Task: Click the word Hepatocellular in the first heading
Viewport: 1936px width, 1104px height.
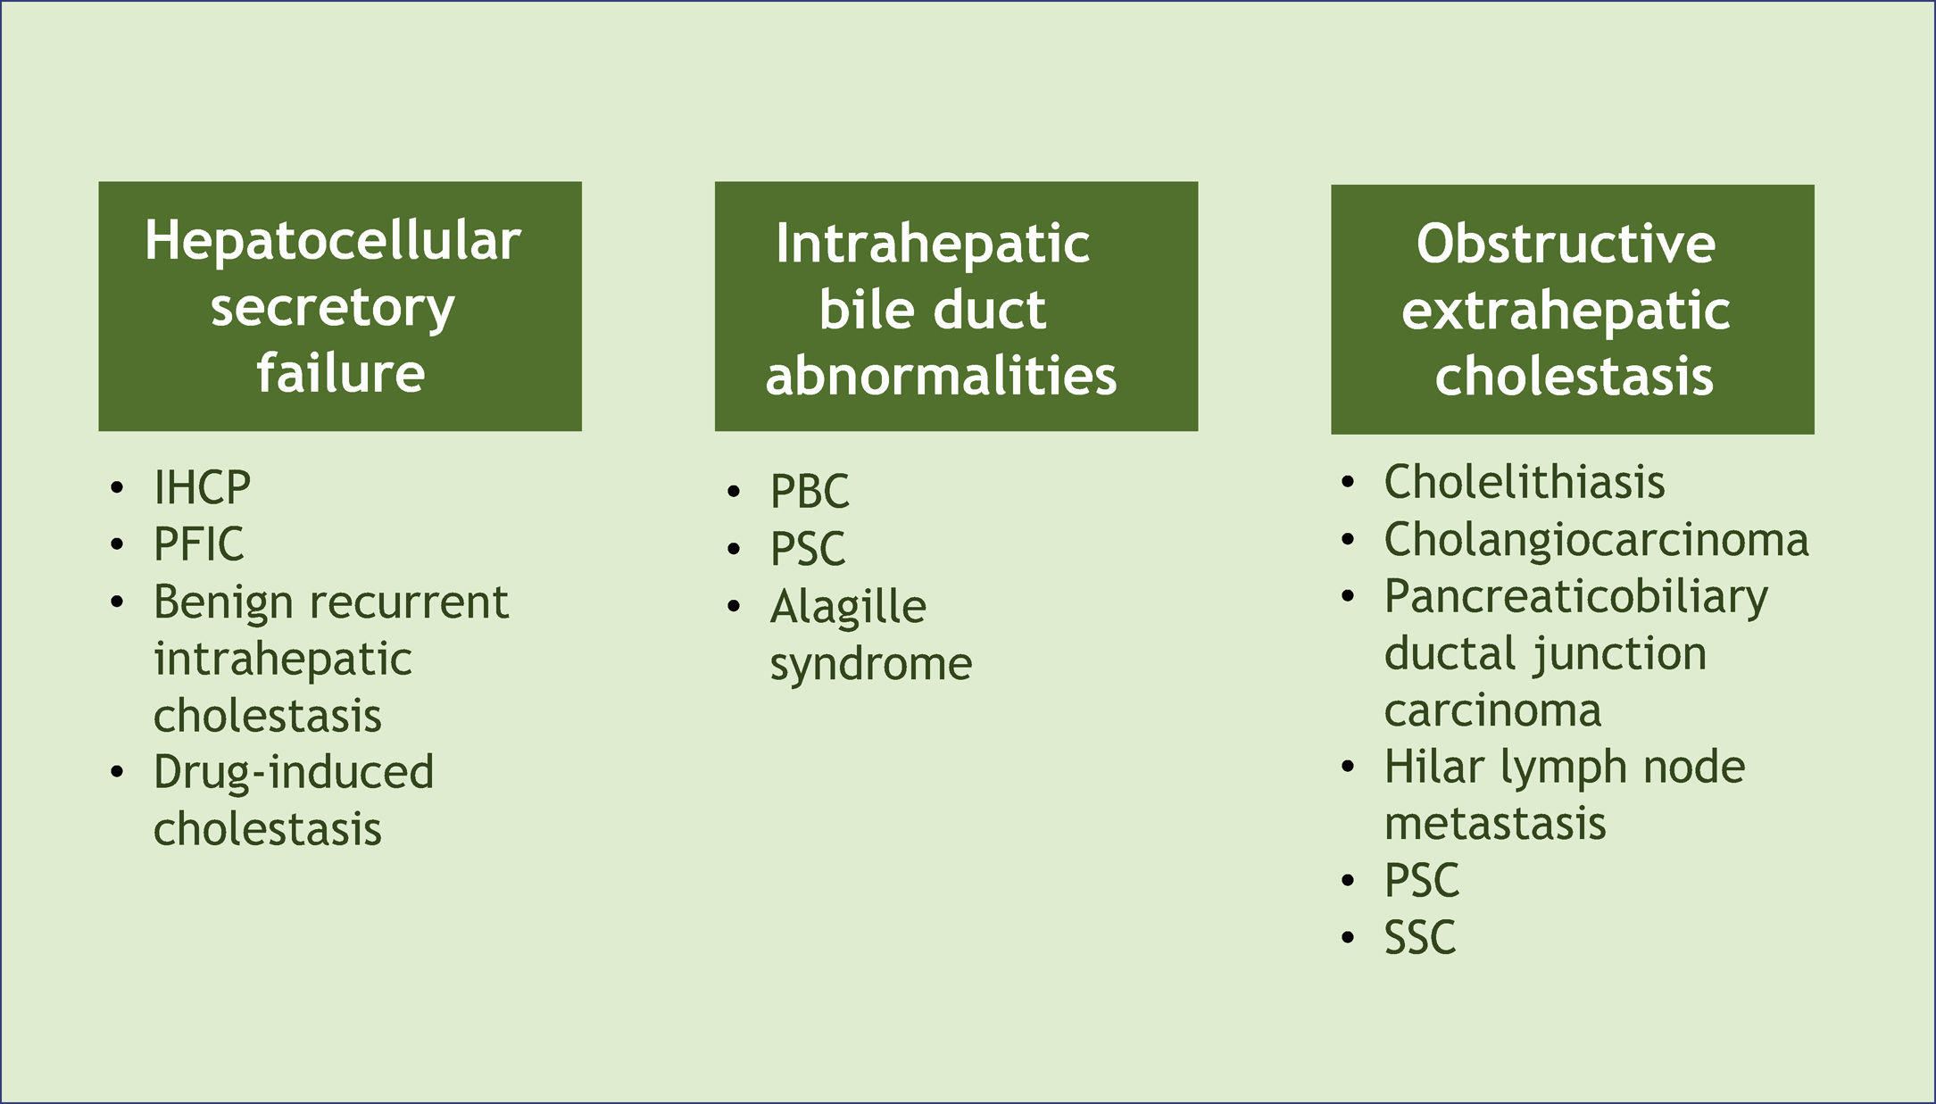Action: tap(333, 241)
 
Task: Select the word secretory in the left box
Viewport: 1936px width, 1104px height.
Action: tap(333, 308)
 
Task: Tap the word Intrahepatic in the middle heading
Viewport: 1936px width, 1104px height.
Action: tap(932, 244)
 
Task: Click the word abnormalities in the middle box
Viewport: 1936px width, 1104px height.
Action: tap(941, 375)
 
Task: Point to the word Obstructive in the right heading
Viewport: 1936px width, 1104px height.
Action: tap(1566, 244)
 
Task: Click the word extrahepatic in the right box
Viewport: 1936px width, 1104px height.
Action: tap(1566, 311)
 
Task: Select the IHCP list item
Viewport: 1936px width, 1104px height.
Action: tap(202, 487)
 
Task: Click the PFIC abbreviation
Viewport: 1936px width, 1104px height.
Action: tap(198, 544)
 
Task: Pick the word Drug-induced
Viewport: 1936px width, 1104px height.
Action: tap(293, 772)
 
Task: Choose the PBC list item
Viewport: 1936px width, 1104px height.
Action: tap(810, 491)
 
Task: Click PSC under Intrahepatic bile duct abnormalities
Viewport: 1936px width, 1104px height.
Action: tap(808, 548)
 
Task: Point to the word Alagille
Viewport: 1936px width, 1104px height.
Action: tap(848, 607)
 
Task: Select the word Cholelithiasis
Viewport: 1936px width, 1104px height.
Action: tap(1524, 482)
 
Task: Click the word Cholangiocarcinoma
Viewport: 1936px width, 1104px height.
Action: tap(1596, 539)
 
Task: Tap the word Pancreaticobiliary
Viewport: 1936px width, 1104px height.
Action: tap(1575, 596)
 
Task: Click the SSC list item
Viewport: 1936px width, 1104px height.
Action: tap(1419, 937)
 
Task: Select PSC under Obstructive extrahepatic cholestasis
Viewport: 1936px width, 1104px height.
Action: tap(1421, 880)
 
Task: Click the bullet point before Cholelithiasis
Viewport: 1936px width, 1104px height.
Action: tap(1348, 483)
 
